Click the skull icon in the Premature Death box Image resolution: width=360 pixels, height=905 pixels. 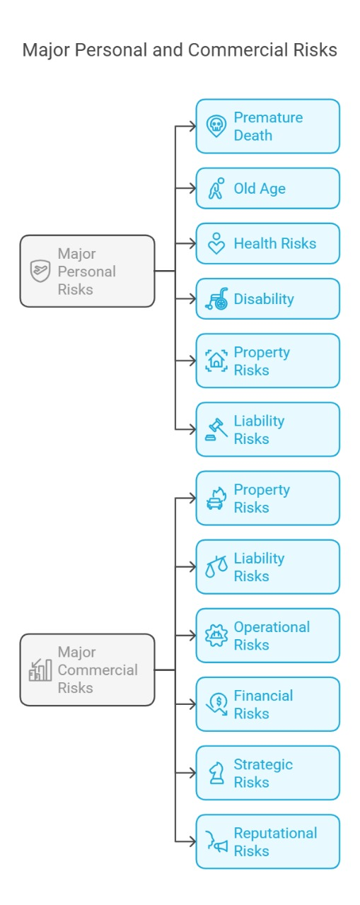point(216,126)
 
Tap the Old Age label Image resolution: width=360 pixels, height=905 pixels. point(260,189)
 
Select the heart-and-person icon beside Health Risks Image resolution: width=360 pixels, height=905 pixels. point(216,244)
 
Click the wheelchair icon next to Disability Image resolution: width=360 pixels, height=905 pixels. point(216,299)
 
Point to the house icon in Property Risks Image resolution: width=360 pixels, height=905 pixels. point(216,361)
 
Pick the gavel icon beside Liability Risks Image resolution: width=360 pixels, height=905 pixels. point(216,429)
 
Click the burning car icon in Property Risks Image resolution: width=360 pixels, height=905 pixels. point(216,498)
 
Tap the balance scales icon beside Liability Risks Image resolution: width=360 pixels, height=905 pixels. point(216,567)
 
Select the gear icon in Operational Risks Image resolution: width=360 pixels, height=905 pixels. point(216,636)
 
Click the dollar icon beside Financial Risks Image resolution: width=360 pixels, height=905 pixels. point(216,704)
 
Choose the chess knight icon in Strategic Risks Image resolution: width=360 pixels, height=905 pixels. point(216,773)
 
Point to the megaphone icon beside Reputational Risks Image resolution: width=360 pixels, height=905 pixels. point(216,841)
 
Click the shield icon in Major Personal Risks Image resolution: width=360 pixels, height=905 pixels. point(40,271)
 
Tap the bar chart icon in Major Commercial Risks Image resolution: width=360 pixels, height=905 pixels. point(40,670)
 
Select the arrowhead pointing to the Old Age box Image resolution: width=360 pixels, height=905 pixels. point(192,188)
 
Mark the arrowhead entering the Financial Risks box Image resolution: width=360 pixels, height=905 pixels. point(192,704)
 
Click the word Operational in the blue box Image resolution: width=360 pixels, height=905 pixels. point(272,627)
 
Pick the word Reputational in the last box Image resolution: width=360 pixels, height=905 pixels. point(276,833)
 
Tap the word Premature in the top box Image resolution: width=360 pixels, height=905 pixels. point(268,117)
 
